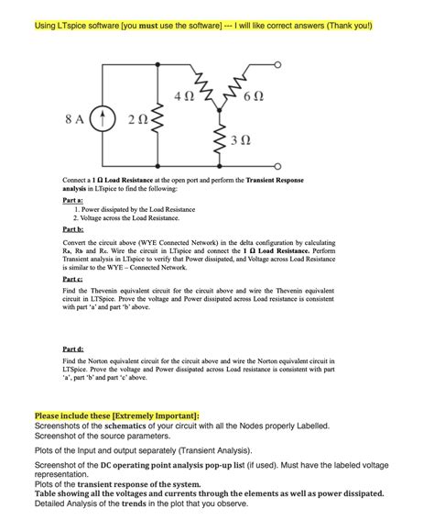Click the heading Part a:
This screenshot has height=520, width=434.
pyautogui.click(x=73, y=200)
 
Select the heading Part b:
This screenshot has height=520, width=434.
pyautogui.click(x=73, y=229)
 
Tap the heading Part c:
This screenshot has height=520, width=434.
pyautogui.click(x=73, y=278)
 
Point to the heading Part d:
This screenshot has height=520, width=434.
pyautogui.click(x=73, y=349)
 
